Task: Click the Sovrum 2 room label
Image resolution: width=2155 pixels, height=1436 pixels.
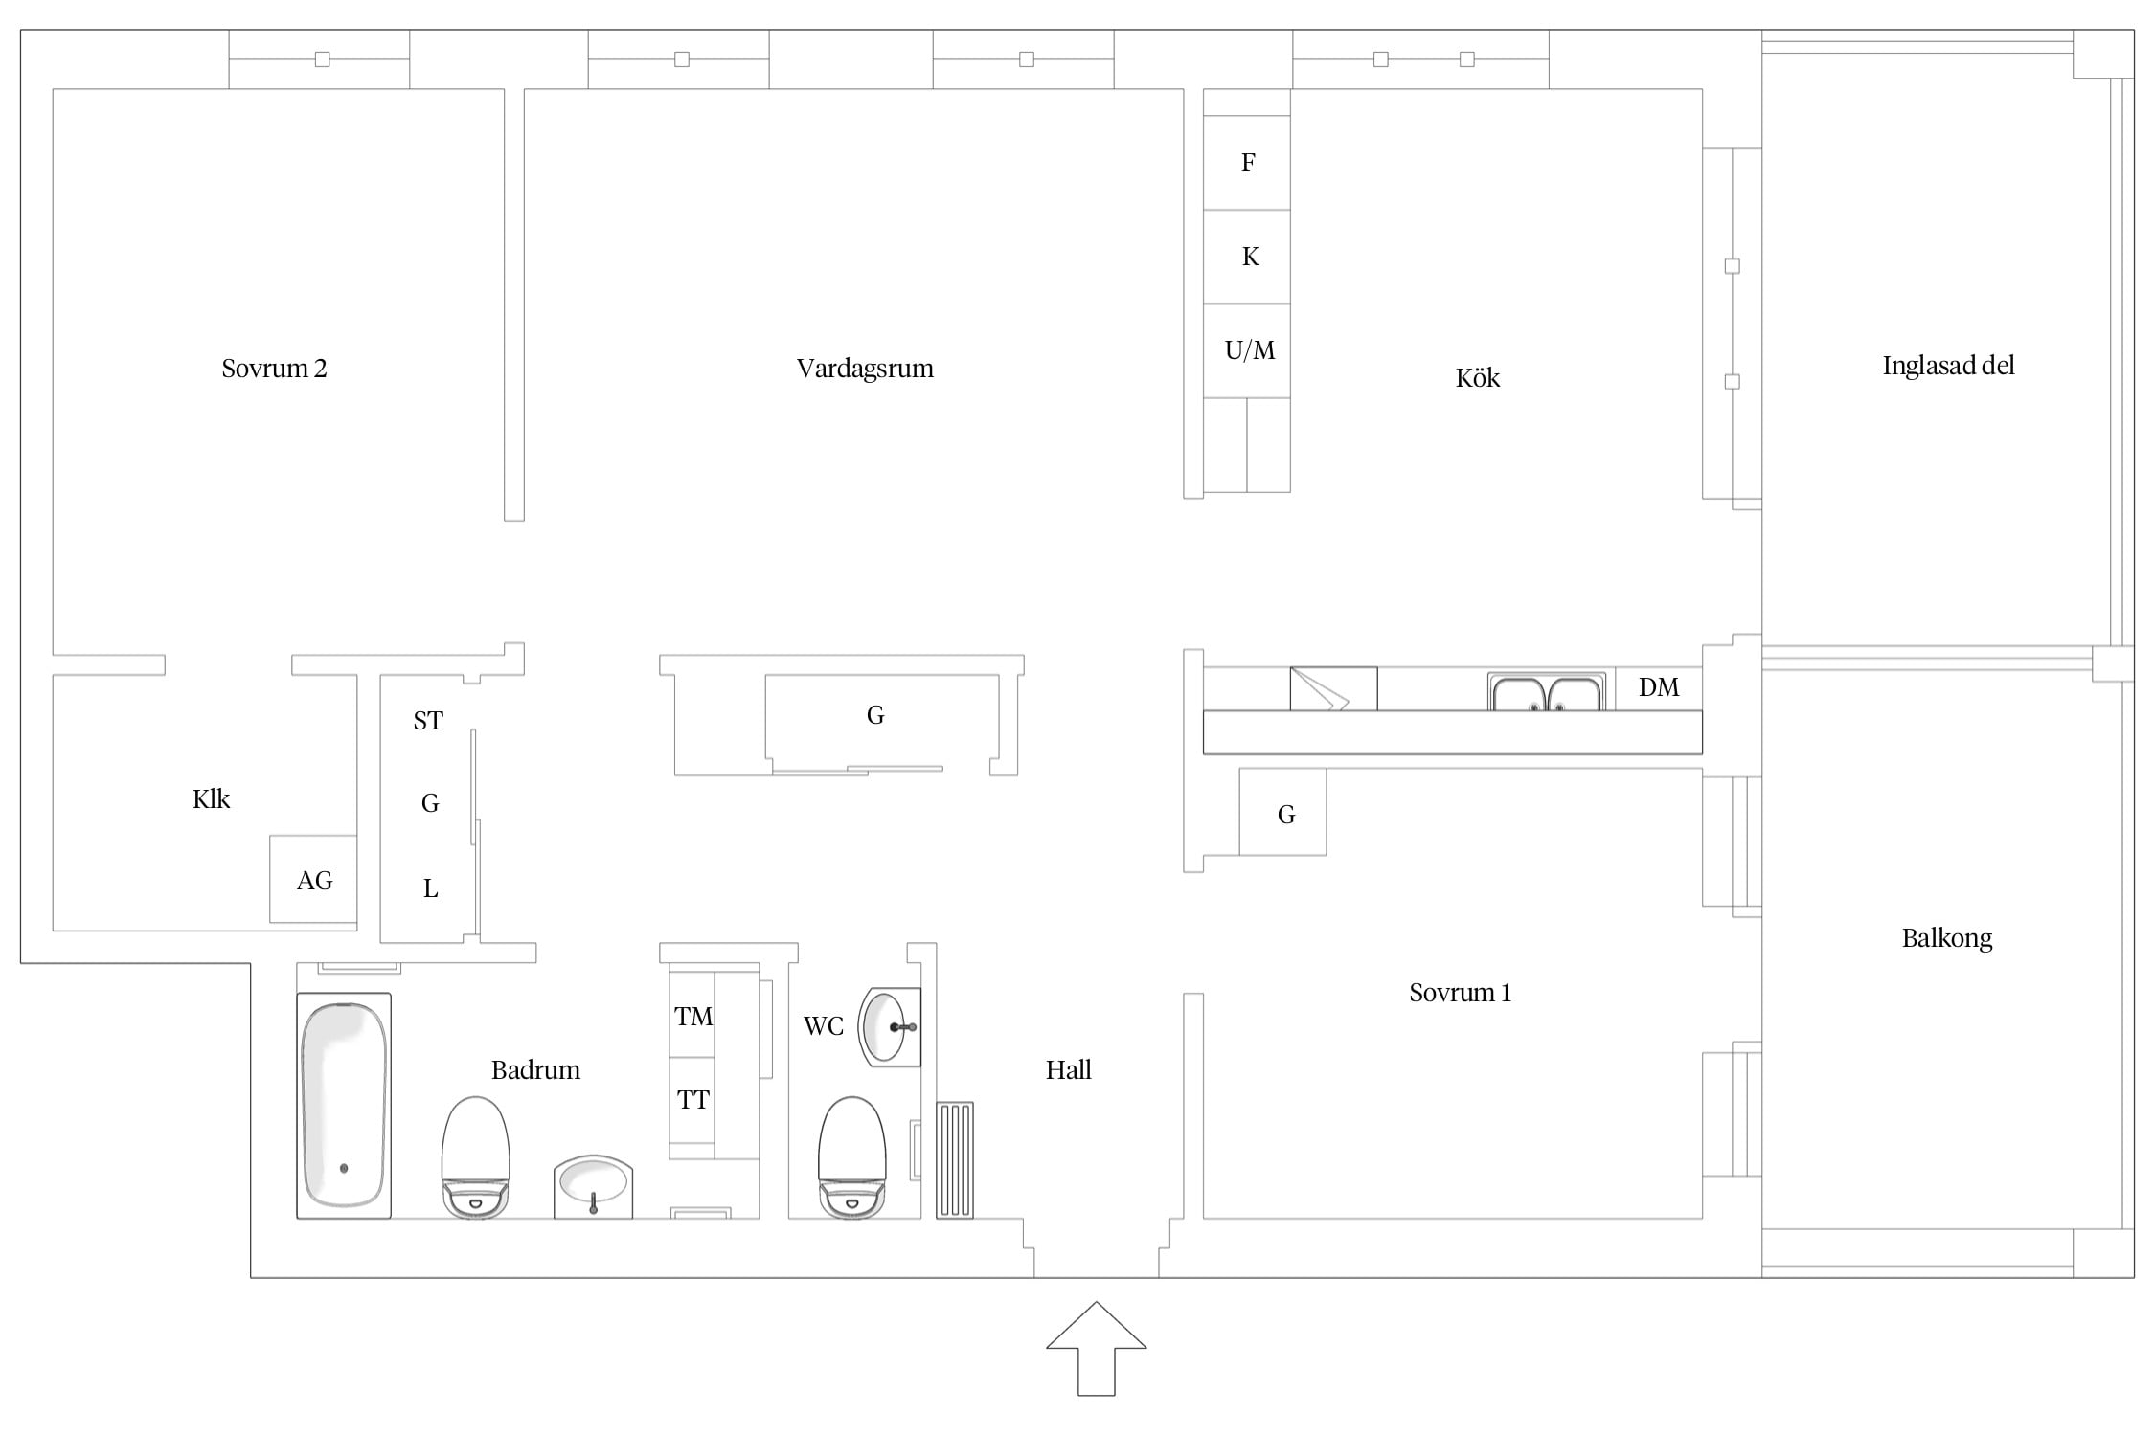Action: click(274, 369)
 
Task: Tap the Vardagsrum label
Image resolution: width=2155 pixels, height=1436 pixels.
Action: click(865, 369)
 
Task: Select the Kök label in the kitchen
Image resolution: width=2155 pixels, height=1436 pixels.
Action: click(1478, 378)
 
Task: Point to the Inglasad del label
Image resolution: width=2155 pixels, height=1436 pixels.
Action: click(1948, 366)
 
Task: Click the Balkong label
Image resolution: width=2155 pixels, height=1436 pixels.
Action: click(1947, 938)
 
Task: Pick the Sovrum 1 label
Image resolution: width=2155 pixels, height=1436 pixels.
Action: click(1460, 993)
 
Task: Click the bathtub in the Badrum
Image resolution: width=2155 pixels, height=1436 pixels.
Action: click(344, 1106)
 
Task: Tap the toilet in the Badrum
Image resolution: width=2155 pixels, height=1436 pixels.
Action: click(475, 1157)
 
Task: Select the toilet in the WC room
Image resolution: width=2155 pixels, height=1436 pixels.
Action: click(851, 1157)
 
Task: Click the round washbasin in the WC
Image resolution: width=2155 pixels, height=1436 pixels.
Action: click(890, 1027)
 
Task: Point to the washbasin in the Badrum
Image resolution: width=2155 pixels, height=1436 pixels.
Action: click(593, 1186)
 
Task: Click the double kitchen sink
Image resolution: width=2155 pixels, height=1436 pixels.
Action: click(1547, 692)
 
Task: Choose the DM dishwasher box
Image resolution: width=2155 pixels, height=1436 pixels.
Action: click(1659, 688)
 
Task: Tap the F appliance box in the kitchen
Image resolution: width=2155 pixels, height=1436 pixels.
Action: click(1247, 163)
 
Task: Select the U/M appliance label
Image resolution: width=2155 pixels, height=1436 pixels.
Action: click(1250, 350)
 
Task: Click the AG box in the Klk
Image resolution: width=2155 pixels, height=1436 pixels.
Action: click(313, 879)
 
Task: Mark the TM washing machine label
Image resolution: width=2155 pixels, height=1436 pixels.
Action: click(693, 1017)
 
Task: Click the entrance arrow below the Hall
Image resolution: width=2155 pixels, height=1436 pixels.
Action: click(1096, 1348)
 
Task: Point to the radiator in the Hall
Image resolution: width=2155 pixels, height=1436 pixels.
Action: click(954, 1160)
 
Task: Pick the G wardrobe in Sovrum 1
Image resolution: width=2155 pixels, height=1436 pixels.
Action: click(1282, 812)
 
